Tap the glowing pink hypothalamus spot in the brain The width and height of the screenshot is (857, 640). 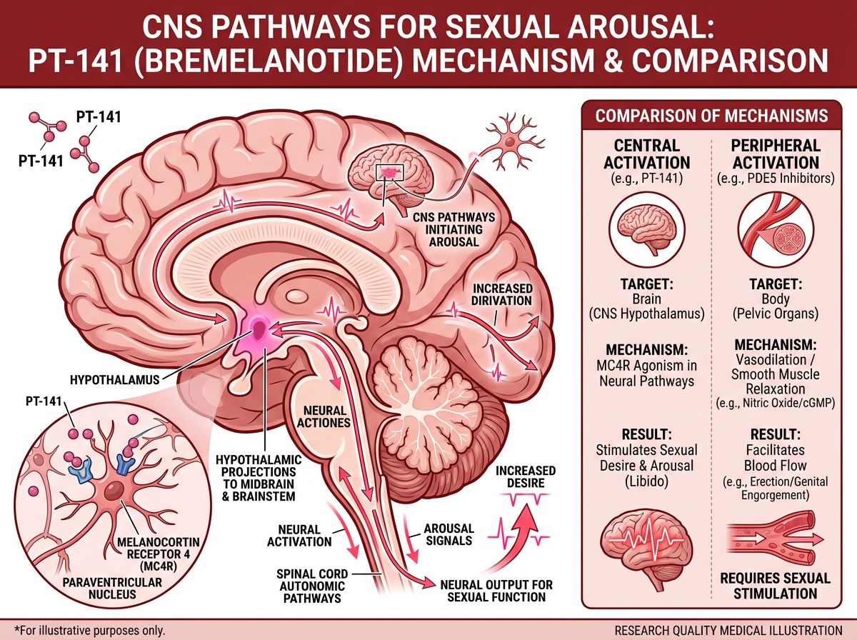coord(257,329)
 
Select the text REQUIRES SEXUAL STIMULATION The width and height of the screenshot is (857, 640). coord(775,586)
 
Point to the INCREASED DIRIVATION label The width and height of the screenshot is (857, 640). coord(502,294)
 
